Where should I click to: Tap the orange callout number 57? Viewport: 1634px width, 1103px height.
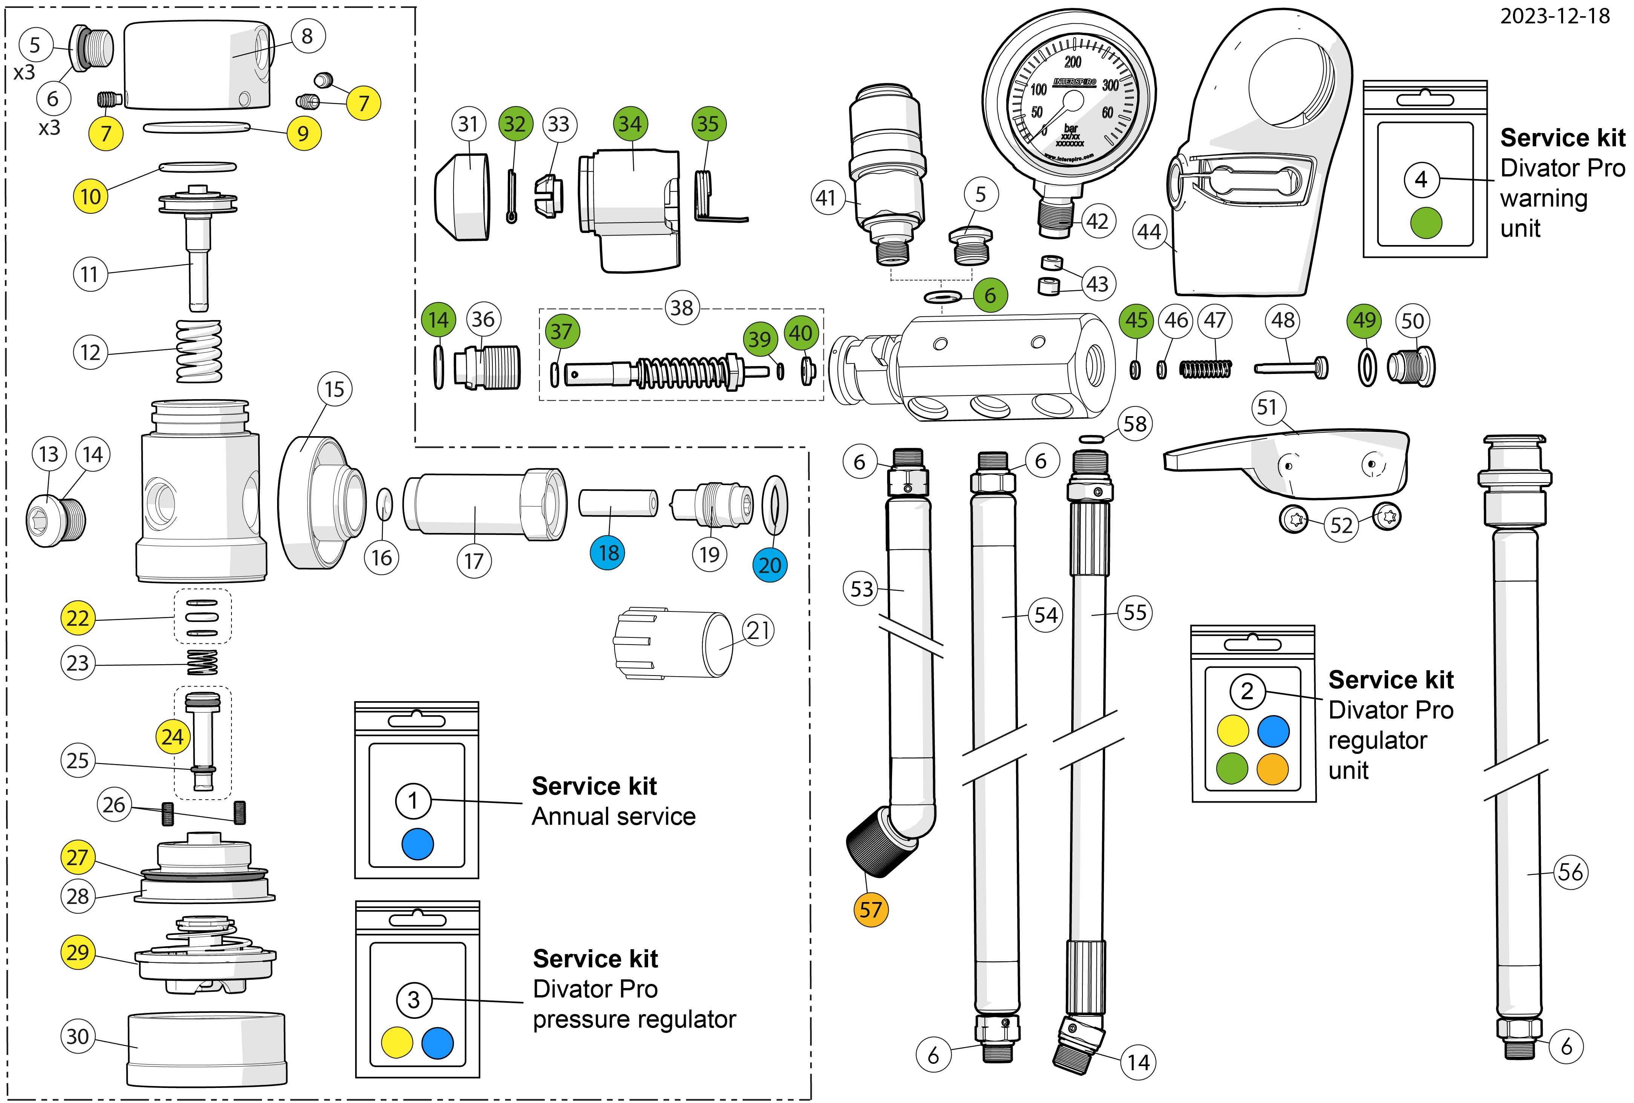click(871, 910)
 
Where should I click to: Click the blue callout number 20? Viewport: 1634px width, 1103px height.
click(770, 565)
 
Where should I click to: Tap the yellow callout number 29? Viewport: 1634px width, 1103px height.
click(77, 953)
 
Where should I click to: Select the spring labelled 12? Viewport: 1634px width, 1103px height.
click(199, 351)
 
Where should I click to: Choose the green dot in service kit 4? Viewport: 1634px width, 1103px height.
click(1426, 224)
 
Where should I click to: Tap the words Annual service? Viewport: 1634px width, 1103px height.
click(613, 817)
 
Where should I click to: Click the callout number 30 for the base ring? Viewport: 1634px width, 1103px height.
click(77, 1036)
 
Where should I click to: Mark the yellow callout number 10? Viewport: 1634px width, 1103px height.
click(91, 196)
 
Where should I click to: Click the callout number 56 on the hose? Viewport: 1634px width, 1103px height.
click(1571, 872)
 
